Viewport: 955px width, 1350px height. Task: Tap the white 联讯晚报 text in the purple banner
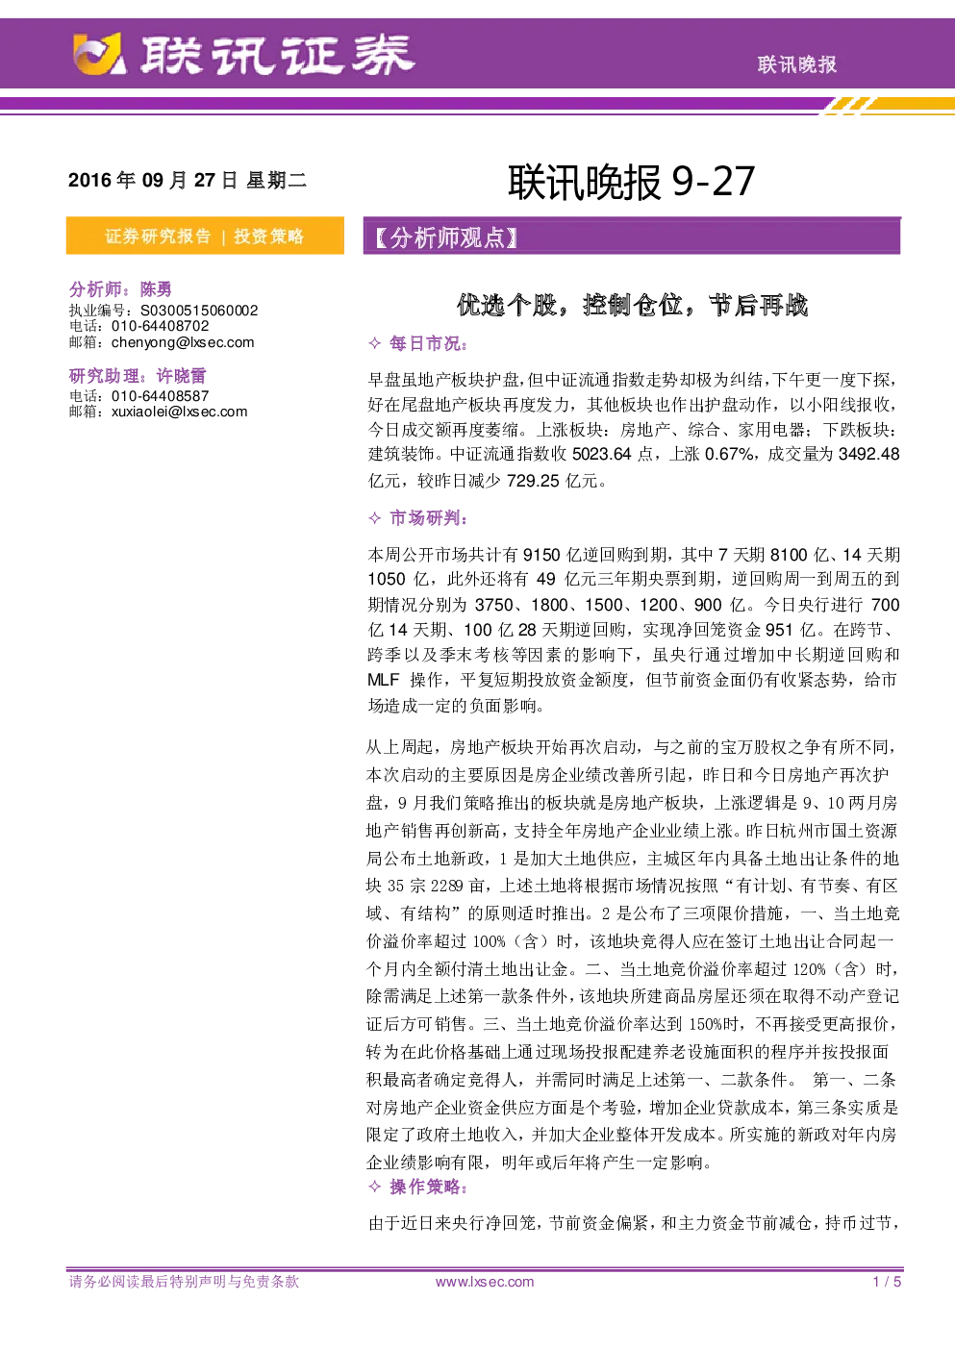point(797,64)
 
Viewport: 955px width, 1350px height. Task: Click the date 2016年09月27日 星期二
point(188,180)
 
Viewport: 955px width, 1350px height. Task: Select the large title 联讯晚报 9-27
point(631,181)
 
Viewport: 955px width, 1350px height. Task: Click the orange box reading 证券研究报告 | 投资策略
point(205,236)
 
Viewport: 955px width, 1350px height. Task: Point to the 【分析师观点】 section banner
point(632,237)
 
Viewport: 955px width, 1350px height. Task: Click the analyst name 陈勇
point(156,289)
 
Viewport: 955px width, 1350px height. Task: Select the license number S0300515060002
point(199,311)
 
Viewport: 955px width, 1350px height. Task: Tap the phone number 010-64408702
point(161,326)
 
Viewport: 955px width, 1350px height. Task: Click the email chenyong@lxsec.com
point(183,342)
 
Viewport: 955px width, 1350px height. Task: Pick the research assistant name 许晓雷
point(182,375)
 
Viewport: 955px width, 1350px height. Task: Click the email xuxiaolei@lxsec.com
point(180,412)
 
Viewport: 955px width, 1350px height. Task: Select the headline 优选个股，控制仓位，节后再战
point(632,305)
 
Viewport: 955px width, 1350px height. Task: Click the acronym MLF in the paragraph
point(384,680)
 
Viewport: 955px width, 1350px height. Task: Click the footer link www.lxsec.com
point(485,1282)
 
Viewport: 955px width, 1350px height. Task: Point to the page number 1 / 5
point(887,1282)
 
